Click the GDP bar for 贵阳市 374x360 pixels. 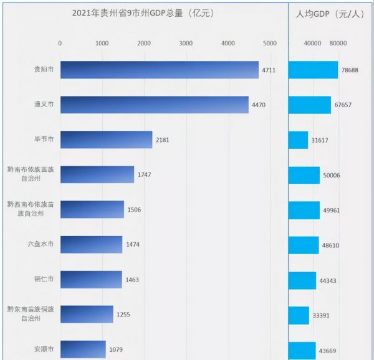[159, 70]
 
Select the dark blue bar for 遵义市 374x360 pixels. [154, 105]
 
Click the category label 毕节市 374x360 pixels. [44, 140]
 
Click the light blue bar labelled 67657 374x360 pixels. [309, 105]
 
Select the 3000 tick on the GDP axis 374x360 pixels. [185, 43]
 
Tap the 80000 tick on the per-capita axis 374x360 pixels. [338, 43]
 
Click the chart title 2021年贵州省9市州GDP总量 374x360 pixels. [143, 12]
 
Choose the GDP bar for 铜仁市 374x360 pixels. [91, 280]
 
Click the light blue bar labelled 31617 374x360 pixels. [298, 140]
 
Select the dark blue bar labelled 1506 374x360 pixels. [92, 210]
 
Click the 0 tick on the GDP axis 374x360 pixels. [60, 43]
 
